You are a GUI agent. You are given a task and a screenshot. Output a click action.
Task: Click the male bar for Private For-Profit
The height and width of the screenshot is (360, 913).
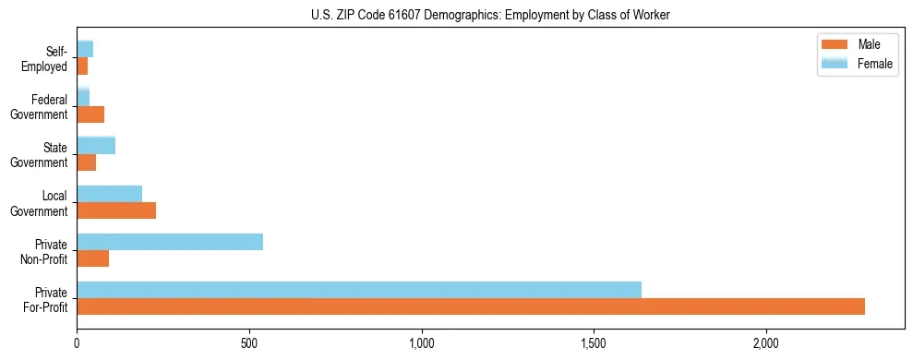coord(471,306)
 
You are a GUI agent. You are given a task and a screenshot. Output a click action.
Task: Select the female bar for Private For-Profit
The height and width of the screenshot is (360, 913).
coord(359,290)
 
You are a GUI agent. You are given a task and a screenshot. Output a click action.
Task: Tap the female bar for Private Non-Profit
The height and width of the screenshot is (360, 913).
coord(170,242)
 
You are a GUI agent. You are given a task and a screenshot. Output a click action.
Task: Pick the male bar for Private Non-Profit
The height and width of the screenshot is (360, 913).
coord(92,258)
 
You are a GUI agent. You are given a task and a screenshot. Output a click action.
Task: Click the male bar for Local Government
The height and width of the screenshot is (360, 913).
coord(116,210)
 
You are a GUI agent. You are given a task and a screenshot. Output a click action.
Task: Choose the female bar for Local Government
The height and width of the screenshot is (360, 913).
coord(109,194)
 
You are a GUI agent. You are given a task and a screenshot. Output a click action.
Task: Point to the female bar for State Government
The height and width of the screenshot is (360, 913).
coord(96,145)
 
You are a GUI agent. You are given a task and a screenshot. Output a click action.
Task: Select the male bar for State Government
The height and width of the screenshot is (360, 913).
coord(86,162)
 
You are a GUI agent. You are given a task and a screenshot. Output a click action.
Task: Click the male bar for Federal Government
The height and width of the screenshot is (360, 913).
coord(90,114)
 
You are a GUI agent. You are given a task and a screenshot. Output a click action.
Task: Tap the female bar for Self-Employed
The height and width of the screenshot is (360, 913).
coord(85,49)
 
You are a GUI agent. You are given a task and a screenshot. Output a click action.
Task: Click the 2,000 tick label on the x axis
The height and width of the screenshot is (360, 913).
coord(766,342)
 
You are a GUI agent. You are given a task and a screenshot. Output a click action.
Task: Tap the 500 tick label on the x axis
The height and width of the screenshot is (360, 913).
coord(249,342)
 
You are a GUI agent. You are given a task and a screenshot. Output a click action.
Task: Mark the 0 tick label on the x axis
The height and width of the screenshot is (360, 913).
coord(77,342)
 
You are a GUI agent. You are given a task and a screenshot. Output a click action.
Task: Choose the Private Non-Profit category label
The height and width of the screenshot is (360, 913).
coord(50,252)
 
